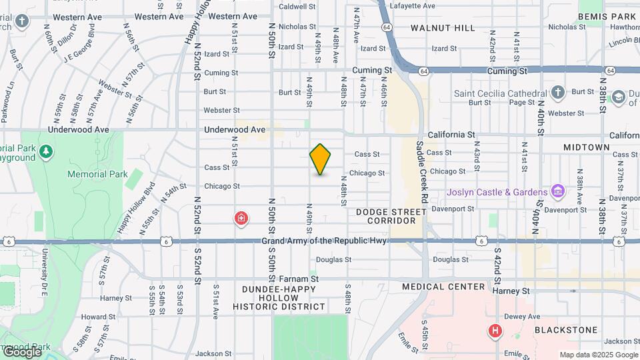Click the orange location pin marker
[x=321, y=159]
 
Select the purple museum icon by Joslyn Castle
[x=558, y=192]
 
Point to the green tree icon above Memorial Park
[x=45, y=152]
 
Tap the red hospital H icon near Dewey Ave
[x=495, y=330]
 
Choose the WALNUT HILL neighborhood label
[x=443, y=28]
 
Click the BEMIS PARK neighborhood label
[x=607, y=16]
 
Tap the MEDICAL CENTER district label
[x=443, y=287]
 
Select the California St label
[x=455, y=135]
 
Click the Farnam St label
[x=299, y=279]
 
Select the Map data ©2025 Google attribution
[x=598, y=355]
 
